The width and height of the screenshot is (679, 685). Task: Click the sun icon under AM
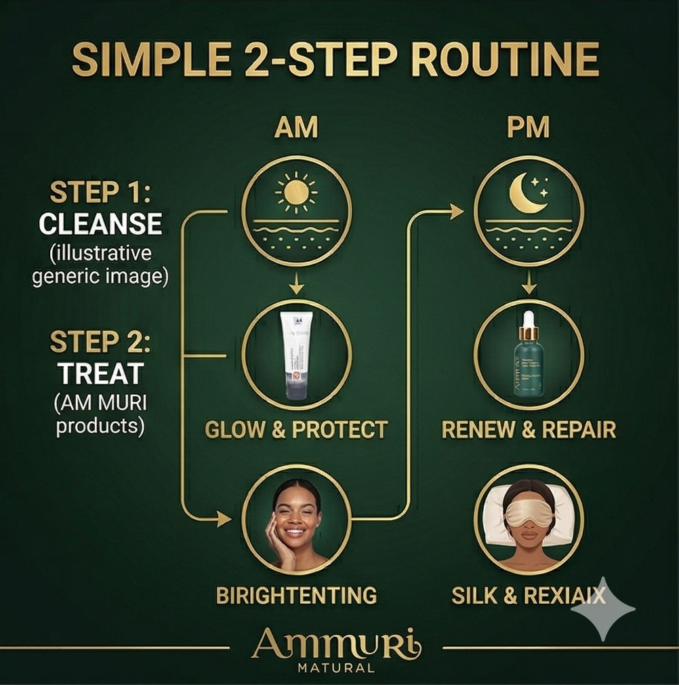[296, 192]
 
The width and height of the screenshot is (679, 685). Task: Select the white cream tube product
[296, 355]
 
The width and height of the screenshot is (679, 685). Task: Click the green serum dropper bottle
[529, 366]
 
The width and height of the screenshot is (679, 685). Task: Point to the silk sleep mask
[529, 513]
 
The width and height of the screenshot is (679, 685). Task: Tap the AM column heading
[296, 128]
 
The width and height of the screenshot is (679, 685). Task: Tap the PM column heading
[529, 128]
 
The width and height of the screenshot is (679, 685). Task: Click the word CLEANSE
[100, 224]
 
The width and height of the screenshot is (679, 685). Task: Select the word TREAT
[100, 374]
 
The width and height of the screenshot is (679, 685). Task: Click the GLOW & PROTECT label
[296, 430]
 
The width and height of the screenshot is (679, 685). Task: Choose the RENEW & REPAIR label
[529, 430]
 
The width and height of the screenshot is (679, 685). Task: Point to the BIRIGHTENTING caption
[296, 595]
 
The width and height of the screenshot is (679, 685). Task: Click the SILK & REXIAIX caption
[529, 595]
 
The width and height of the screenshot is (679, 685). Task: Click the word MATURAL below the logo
[336, 669]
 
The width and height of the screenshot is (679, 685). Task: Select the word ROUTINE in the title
[504, 60]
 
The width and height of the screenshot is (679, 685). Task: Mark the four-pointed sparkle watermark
[602, 609]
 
